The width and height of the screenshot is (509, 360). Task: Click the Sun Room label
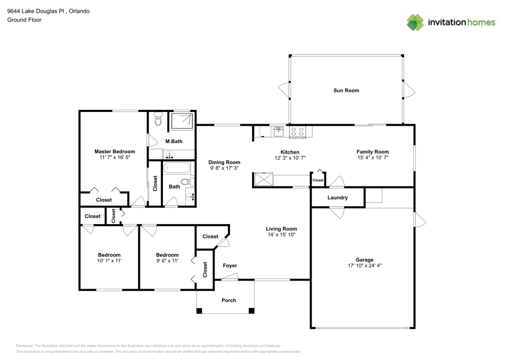(x=346, y=91)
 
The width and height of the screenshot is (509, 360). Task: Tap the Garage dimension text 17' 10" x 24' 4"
(x=364, y=266)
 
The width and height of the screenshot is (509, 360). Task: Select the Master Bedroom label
(x=115, y=152)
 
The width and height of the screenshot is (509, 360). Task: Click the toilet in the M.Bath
(x=158, y=121)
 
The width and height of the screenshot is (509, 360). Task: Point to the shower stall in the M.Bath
(x=182, y=121)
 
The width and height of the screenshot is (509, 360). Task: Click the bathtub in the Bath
(x=178, y=168)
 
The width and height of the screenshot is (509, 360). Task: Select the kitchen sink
(x=278, y=131)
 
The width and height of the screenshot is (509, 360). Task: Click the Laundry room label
(x=337, y=198)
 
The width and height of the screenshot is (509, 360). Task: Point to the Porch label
(x=229, y=300)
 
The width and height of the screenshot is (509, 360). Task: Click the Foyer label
(x=230, y=266)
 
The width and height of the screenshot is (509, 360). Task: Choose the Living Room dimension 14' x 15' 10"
(x=281, y=235)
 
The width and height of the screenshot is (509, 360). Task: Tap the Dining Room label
(x=224, y=162)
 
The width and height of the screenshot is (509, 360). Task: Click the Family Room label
(x=373, y=152)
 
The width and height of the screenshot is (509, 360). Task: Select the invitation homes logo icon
(x=415, y=22)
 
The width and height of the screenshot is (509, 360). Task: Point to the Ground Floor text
(x=24, y=20)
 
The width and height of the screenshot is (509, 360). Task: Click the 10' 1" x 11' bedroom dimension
(x=109, y=261)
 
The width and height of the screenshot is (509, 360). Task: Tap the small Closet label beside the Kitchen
(x=318, y=180)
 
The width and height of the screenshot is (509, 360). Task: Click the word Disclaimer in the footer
(x=24, y=345)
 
